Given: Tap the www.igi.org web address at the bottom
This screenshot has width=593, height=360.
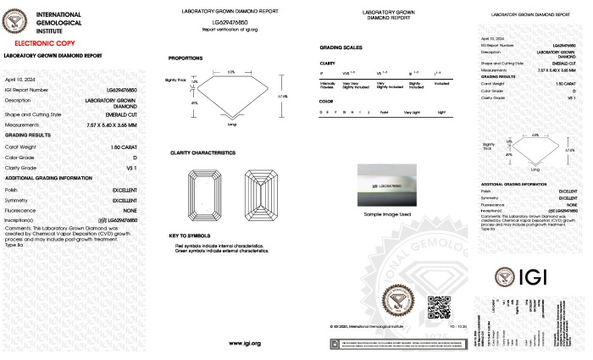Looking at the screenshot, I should point(244,342).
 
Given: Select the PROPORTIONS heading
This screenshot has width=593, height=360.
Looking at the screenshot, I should point(185,58).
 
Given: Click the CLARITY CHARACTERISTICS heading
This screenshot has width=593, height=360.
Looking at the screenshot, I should point(202,152).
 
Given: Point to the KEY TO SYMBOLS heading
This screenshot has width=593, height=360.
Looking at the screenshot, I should point(190,235).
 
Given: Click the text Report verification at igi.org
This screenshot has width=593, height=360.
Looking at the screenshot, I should point(231,29).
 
